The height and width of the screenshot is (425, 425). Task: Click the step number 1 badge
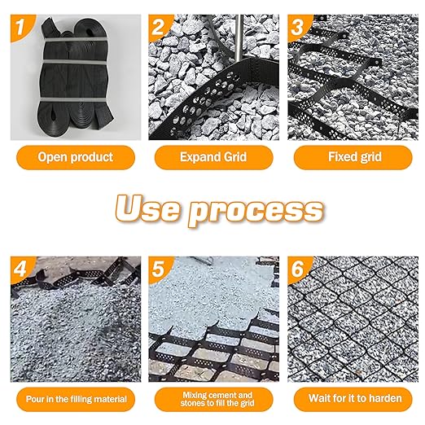20,27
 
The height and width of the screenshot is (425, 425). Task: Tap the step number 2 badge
159,27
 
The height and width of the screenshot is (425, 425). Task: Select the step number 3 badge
298,27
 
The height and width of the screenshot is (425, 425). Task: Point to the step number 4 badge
20,269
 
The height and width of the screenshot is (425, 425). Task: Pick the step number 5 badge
159,269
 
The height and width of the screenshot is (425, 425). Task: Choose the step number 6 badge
298,269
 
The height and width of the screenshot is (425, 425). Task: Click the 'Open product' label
76,157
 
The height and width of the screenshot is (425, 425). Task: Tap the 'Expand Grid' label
213,157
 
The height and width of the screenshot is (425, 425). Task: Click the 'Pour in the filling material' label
76,399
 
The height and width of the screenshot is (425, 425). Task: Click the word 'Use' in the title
147,208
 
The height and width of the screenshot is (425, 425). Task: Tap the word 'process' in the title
256,212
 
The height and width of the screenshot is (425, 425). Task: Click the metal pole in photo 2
239,38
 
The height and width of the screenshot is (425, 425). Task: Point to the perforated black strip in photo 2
214,100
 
